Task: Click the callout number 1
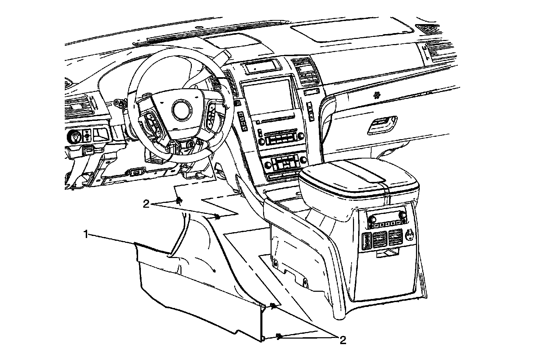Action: pyautogui.click(x=86, y=235)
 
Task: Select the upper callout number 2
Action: pyautogui.click(x=146, y=204)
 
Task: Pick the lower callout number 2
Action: pyautogui.click(x=342, y=341)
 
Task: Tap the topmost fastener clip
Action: pyautogui.click(x=179, y=200)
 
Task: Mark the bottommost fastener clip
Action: pyautogui.click(x=280, y=336)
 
